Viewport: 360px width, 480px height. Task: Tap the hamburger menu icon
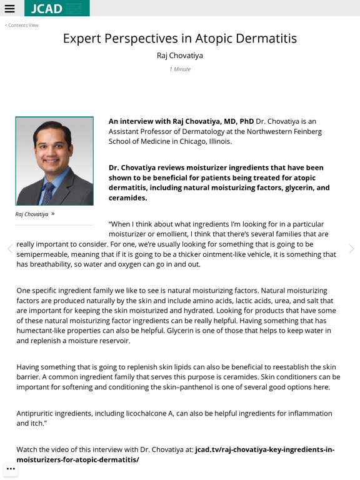9,9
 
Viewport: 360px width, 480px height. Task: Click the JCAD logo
57,9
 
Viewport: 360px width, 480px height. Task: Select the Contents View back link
22,25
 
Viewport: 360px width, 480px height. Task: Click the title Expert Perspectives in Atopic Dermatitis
179,39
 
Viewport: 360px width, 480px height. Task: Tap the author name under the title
179,56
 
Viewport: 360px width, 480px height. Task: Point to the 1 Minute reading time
179,69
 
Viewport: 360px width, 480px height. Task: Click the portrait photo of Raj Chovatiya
54,161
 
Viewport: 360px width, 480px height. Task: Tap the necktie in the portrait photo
47,193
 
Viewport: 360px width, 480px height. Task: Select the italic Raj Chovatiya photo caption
32,214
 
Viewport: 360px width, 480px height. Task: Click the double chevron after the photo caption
53,214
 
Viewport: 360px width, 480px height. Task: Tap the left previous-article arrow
9,249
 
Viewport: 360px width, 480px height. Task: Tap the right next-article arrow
351,249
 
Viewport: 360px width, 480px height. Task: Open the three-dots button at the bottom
11,469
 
